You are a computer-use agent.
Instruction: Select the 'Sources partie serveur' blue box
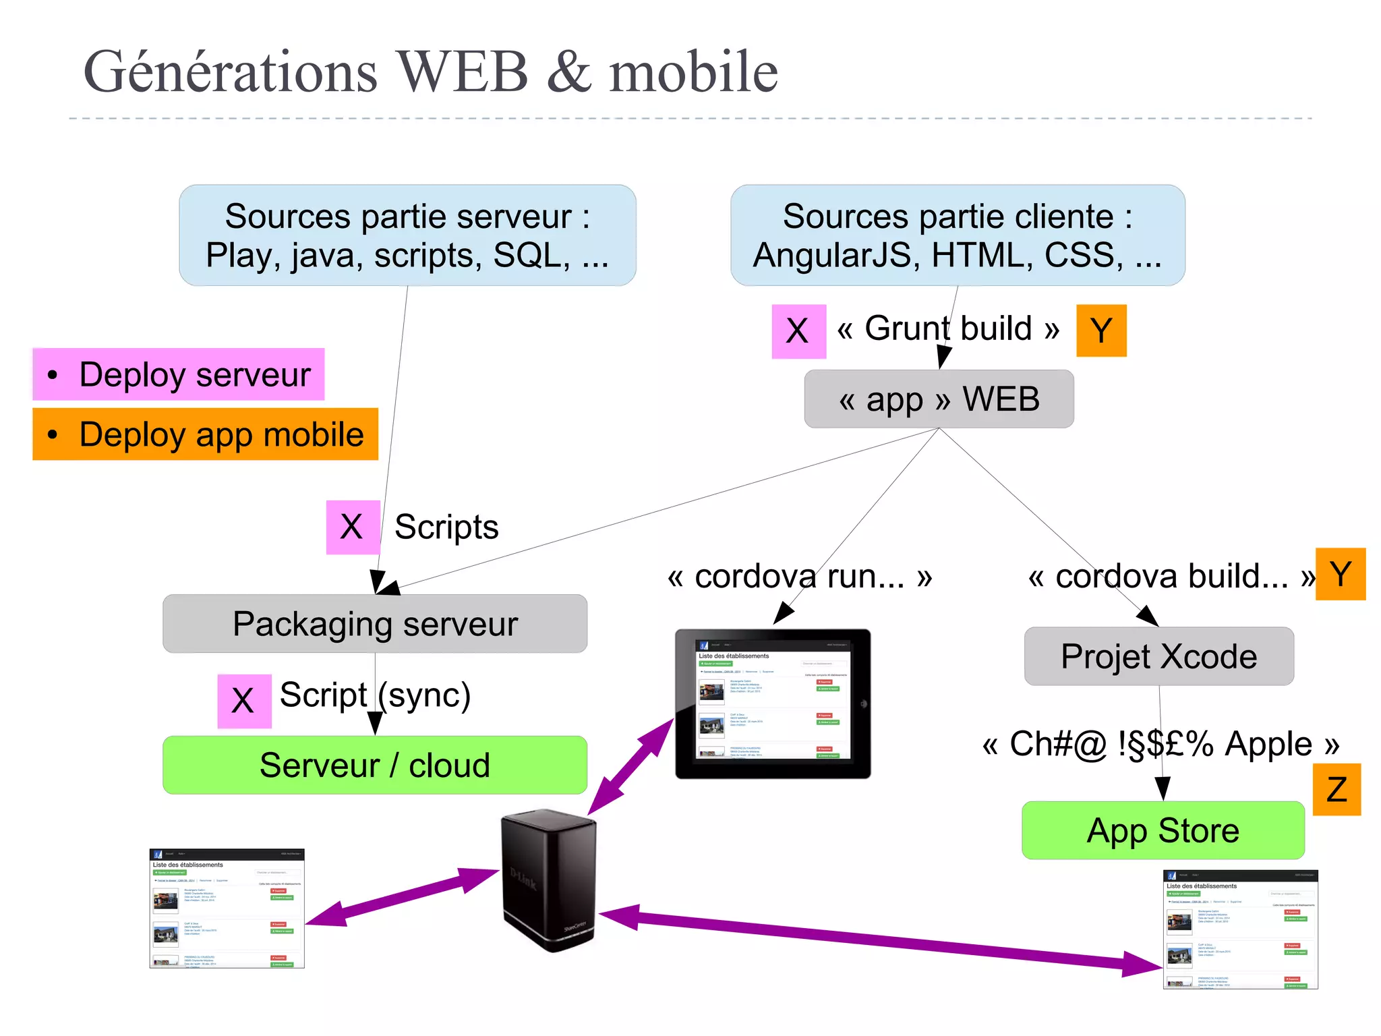coord(407,235)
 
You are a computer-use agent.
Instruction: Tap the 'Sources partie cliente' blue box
coord(958,235)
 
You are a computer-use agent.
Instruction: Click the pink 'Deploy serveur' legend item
coord(179,374)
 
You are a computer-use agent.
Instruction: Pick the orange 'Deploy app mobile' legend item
coord(206,434)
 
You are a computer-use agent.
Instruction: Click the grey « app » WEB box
coord(939,399)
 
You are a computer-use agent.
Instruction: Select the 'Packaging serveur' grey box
coord(375,624)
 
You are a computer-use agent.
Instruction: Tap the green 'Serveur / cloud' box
coord(375,765)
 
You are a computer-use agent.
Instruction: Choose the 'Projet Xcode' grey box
coord(1158,656)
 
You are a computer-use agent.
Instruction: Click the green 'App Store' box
coord(1163,830)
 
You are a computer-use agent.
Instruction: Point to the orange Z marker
coord(1336,790)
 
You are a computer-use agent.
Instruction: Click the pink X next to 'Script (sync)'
coord(244,701)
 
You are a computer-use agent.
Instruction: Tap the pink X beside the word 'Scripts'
coord(353,527)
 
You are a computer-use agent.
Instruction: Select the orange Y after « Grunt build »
coord(1101,330)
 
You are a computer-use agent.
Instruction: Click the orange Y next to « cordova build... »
coord(1341,575)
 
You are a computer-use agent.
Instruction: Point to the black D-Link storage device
coord(549,880)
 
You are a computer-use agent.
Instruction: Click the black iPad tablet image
coord(773,703)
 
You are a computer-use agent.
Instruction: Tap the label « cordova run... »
coord(800,577)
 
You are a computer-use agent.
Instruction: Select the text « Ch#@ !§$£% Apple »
coord(1160,744)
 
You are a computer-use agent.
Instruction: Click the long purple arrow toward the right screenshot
coord(877,940)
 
